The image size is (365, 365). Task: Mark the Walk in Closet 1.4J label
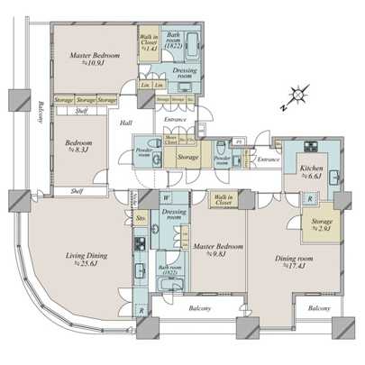[149, 42]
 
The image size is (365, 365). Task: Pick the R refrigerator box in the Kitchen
[309, 198]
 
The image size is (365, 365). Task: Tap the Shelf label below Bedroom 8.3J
[77, 191]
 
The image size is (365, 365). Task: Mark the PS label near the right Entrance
[238, 142]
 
